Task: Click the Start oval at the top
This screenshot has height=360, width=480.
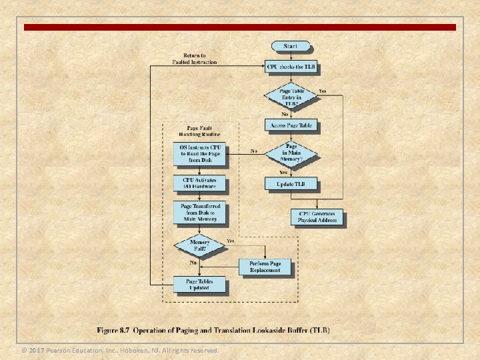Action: pyautogui.click(x=291, y=46)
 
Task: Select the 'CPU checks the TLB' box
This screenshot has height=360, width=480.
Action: pyautogui.click(x=291, y=67)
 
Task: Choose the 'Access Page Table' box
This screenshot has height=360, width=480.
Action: pyautogui.click(x=291, y=125)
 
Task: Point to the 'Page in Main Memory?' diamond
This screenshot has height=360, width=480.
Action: pyautogui.click(x=291, y=153)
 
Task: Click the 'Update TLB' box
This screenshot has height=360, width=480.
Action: pyautogui.click(x=291, y=183)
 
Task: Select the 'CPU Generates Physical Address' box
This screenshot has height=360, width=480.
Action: pyautogui.click(x=318, y=217)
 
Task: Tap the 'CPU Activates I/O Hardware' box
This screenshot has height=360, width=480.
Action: pyautogui.click(x=200, y=183)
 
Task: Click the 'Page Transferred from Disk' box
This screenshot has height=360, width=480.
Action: pyautogui.click(x=200, y=213)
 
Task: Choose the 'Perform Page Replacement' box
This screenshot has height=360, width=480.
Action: pyautogui.click(x=265, y=267)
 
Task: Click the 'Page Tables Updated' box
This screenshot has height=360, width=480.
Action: pyautogui.click(x=200, y=285)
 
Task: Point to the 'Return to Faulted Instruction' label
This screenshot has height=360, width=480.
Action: pyautogui.click(x=195, y=59)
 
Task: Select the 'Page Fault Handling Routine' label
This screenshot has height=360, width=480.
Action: pyautogui.click(x=200, y=130)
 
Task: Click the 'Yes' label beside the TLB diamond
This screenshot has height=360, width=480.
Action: pyautogui.click(x=323, y=91)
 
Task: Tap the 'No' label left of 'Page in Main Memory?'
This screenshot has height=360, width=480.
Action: pyautogui.click(x=254, y=151)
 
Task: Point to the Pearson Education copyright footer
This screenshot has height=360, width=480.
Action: pyautogui.click(x=120, y=350)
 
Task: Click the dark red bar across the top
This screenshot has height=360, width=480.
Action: pyautogui.click(x=240, y=27)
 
